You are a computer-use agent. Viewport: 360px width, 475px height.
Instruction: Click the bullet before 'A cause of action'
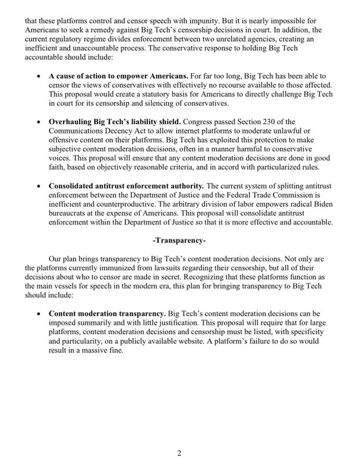click(x=39, y=77)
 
